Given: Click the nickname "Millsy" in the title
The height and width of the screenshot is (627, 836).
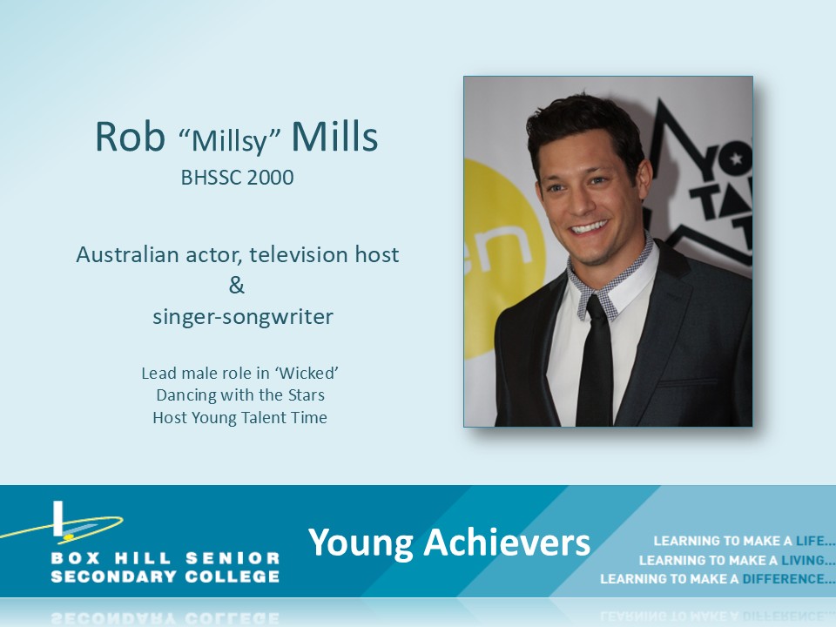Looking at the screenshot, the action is [230, 139].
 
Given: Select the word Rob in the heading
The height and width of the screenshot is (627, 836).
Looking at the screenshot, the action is [130, 137].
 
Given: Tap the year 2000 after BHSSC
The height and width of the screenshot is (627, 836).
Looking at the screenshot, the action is [270, 178].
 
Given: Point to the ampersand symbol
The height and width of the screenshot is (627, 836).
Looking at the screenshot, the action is [237, 286].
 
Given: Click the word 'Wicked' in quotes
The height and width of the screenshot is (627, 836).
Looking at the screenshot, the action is [307, 373].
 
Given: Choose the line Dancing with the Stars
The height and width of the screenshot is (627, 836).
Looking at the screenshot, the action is [240, 395].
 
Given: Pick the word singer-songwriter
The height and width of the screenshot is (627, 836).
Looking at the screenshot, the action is [243, 317].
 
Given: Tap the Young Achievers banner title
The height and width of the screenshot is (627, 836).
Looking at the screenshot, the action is [449, 543].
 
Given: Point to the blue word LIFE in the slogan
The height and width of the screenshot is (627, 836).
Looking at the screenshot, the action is [810, 541].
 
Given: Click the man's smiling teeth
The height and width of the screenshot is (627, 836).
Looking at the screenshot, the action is [589, 227].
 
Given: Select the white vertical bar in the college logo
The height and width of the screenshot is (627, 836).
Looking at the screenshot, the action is [58, 518].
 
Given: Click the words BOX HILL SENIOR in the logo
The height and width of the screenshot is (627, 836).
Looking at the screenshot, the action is [165, 558].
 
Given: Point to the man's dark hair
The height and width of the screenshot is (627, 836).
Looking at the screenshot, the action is [583, 128].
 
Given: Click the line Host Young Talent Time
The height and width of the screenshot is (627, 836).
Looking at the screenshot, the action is [240, 417].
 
